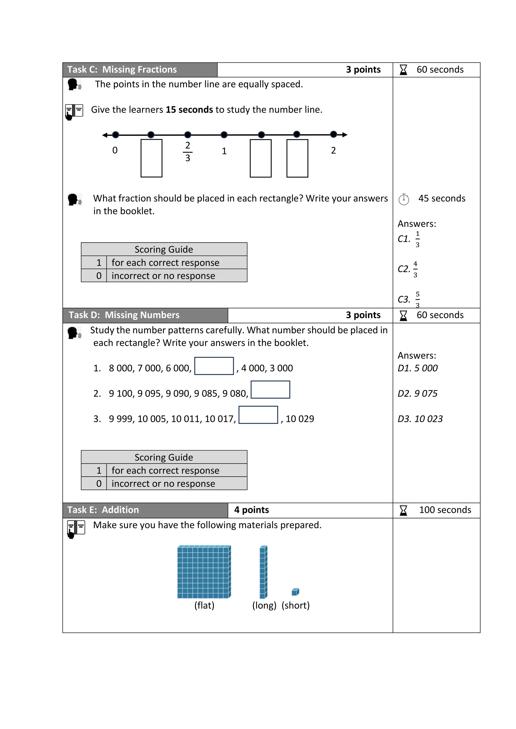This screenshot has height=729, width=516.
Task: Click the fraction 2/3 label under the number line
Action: coord(187,151)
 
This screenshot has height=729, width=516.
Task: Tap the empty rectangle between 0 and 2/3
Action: coord(151,158)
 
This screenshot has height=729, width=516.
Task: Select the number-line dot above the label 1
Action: coord(224,135)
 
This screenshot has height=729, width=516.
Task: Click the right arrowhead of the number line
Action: coord(345,135)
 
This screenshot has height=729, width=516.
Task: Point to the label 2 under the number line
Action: coord(333,150)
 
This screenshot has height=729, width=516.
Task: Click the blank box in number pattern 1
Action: coord(214,366)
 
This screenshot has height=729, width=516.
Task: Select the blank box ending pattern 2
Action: coord(270,390)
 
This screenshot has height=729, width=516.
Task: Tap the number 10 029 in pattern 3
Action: coord(300,419)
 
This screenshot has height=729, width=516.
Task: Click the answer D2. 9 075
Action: coord(417,393)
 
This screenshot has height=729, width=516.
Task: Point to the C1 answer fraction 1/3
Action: coord(417,239)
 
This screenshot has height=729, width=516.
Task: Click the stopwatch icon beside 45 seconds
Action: coord(404,199)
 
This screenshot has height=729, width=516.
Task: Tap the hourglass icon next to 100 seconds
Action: coord(403,510)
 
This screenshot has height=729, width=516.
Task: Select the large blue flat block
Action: coord(204,572)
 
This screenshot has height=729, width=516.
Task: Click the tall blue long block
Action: coord(263,572)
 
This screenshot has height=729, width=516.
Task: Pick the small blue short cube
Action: coord(295,592)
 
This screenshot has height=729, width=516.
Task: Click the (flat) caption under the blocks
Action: coord(204,605)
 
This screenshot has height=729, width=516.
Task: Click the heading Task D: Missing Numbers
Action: coord(124,315)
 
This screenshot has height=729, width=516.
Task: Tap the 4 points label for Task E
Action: coord(251,510)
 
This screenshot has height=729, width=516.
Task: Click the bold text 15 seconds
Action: coord(189,109)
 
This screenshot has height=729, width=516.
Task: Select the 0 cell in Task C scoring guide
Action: coord(99,276)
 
